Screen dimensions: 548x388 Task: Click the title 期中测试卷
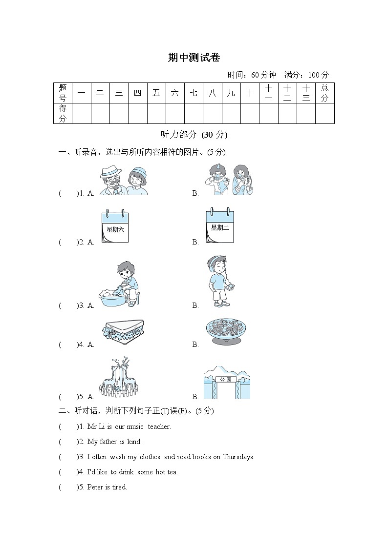click(x=194, y=58)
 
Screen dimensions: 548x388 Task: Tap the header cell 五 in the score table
click(x=156, y=93)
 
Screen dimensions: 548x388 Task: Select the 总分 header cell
click(x=324, y=93)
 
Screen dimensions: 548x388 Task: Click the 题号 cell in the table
click(x=63, y=93)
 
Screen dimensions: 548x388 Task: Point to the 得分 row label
click(x=63, y=113)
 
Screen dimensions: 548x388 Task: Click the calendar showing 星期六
click(x=115, y=227)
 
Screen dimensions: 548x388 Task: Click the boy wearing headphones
click(x=218, y=282)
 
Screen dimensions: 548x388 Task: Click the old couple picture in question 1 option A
click(x=124, y=181)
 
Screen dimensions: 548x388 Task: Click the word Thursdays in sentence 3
click(x=238, y=457)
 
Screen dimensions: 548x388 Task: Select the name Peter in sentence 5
click(x=95, y=487)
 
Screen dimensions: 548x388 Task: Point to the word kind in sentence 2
click(x=134, y=442)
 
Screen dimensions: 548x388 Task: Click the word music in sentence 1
click(x=135, y=427)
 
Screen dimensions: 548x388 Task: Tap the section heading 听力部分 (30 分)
click(x=194, y=135)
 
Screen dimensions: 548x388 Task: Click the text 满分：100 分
click(x=307, y=75)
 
